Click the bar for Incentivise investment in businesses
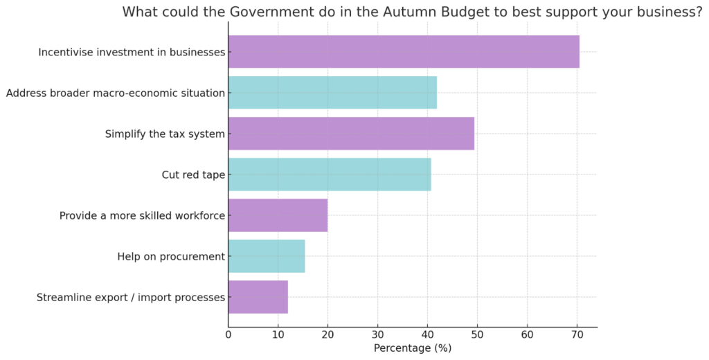(404, 52)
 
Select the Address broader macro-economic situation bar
(332, 93)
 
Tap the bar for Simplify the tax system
(351, 134)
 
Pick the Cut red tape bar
(330, 174)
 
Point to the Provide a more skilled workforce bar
(278, 215)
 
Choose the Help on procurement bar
(267, 256)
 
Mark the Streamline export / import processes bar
(258, 297)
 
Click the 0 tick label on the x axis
(228, 335)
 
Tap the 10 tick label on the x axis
(278, 335)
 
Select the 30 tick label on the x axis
(377, 335)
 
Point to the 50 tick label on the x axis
(477, 335)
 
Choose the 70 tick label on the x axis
(577, 335)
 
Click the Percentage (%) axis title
(412, 348)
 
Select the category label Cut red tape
(193, 175)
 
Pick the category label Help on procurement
(171, 257)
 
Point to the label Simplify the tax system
(165, 134)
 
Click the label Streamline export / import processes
(131, 298)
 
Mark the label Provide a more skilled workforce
(142, 216)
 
